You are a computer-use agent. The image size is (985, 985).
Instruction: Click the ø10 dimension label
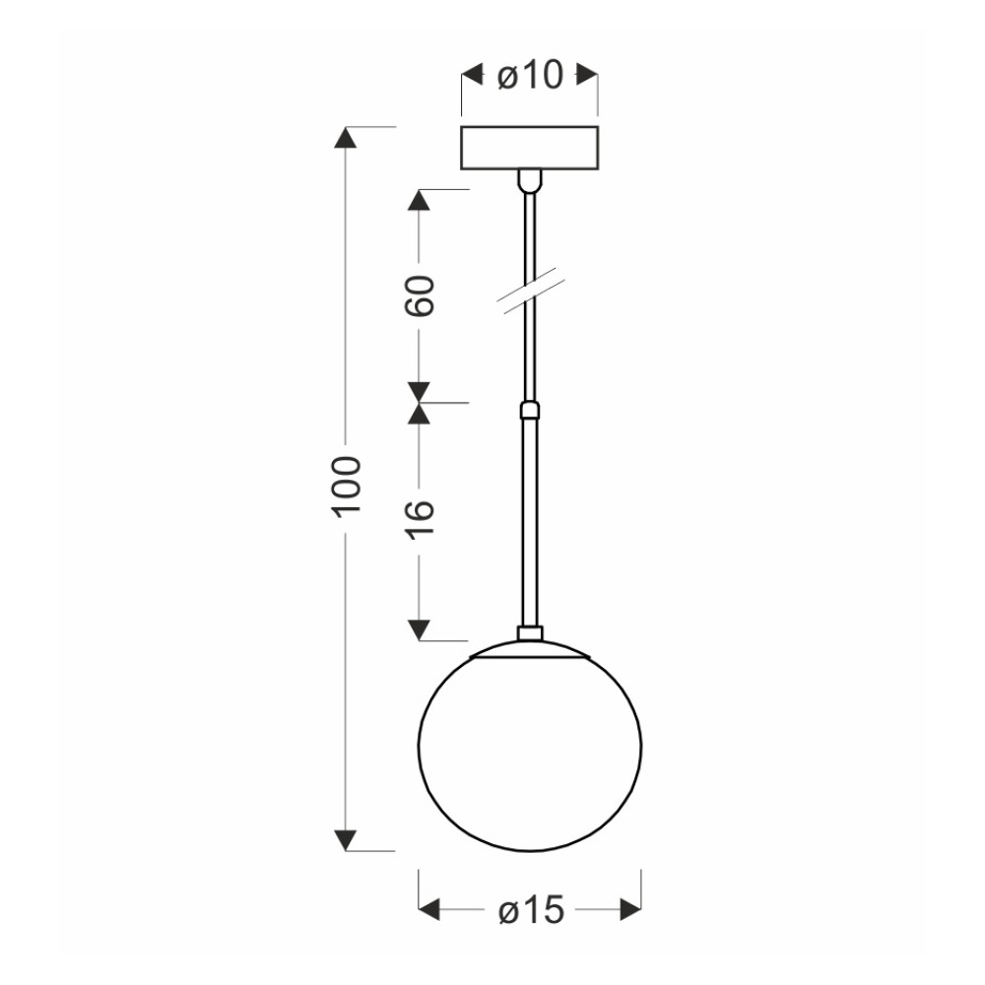[x=530, y=76]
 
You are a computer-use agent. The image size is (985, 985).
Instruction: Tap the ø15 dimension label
[x=532, y=909]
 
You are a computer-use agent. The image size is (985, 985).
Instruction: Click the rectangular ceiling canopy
[x=530, y=149]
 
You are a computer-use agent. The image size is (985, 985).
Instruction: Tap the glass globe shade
[x=530, y=747]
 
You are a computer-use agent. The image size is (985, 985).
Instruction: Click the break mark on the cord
[x=531, y=292]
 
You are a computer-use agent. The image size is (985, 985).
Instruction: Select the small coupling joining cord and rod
[x=530, y=411]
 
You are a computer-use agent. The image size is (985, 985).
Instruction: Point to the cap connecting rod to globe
[x=530, y=633]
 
